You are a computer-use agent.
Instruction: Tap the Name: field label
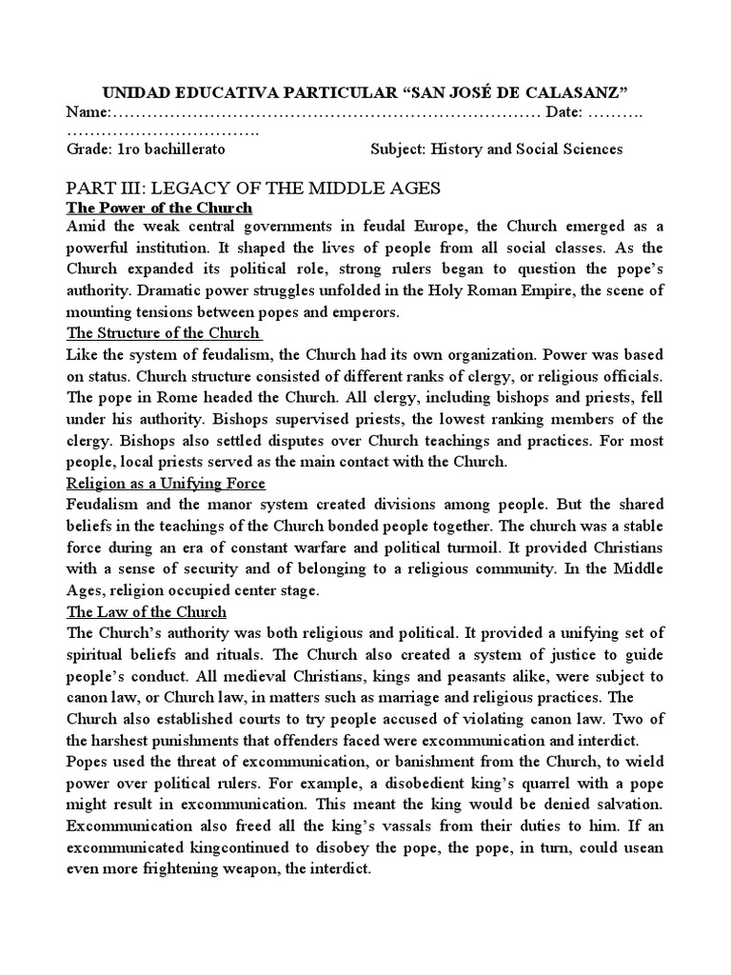89,112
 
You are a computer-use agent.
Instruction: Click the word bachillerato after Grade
186,149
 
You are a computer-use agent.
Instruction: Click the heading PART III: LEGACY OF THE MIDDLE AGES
252,188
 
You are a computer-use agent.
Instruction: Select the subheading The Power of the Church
159,208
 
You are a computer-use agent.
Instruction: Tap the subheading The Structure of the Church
162,332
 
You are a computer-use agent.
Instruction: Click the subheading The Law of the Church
146,611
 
